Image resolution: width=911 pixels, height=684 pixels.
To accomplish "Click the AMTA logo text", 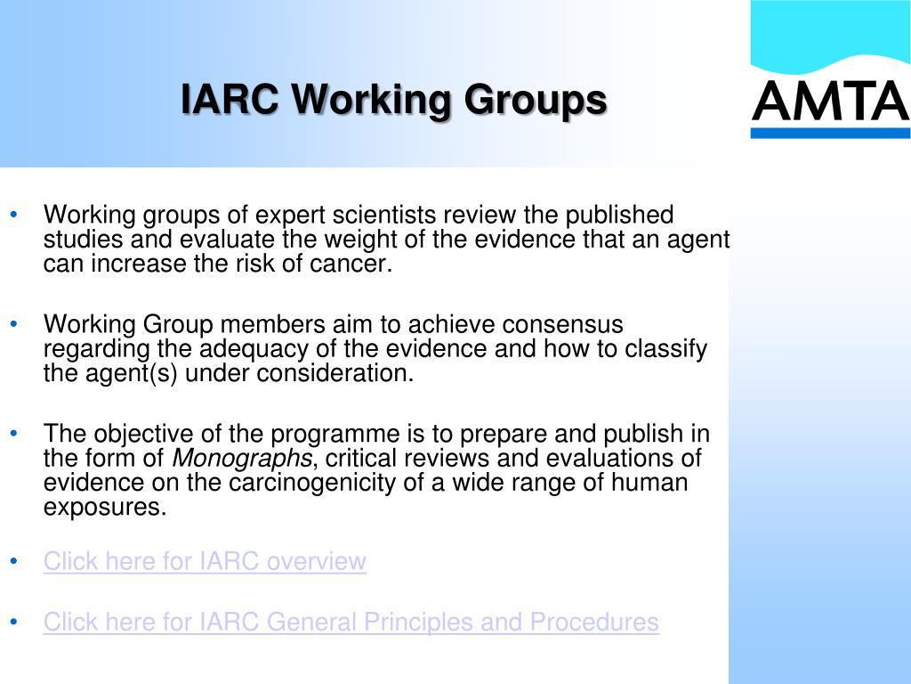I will (830, 102).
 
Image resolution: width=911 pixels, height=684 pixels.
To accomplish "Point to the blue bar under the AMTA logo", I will (830, 133).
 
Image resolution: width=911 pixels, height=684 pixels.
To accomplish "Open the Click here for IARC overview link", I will (205, 562).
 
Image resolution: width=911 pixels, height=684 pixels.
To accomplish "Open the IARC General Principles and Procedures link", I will (351, 623).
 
